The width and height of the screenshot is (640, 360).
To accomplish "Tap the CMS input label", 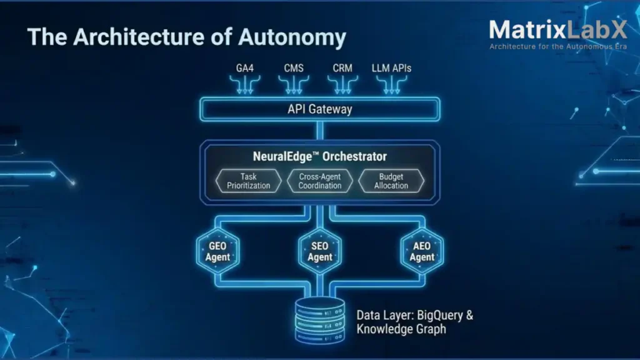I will (x=294, y=68).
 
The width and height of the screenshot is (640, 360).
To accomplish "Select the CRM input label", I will (x=342, y=68).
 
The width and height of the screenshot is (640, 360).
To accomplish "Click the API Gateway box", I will (x=319, y=109).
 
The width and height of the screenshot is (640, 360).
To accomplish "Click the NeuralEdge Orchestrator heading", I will (x=319, y=156).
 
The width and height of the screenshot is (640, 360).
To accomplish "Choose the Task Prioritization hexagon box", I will (x=249, y=181).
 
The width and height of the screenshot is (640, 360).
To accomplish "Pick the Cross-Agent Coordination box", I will (x=319, y=181).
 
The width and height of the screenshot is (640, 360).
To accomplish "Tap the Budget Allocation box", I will (x=391, y=181).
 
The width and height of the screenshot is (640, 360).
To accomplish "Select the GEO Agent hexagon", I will (x=217, y=251).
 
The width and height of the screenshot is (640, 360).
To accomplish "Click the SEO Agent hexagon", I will (x=319, y=251).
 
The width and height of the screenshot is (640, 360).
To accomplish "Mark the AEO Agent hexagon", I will (x=422, y=251).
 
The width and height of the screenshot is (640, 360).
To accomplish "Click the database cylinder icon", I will (x=319, y=320).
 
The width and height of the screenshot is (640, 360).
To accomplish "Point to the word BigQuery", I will (x=439, y=315).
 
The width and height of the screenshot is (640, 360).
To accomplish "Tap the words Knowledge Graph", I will (x=401, y=329).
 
